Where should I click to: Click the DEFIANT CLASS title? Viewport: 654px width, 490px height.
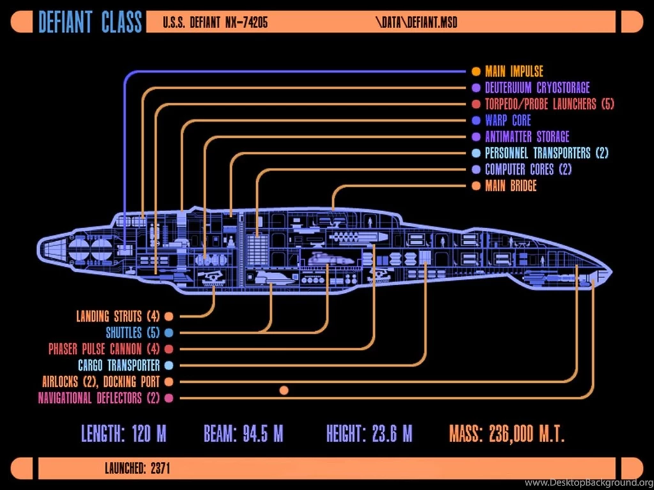(89, 22)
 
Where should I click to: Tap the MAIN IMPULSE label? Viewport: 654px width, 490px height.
(513, 71)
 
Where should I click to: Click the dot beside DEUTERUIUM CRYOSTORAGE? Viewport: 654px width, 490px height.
(476, 88)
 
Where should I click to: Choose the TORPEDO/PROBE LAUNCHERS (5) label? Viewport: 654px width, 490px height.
(549, 104)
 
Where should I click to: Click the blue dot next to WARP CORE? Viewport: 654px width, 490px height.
(476, 121)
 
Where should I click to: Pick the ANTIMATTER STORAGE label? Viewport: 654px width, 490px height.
(526, 137)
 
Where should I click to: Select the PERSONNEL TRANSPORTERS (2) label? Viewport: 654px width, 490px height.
(547, 153)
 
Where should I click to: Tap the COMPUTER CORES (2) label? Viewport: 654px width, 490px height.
(528, 170)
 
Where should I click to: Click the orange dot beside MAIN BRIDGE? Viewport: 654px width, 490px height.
(476, 186)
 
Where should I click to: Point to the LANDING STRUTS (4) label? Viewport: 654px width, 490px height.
(118, 316)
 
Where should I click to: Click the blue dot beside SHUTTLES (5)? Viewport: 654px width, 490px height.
(169, 332)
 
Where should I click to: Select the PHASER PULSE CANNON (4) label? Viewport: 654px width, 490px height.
(103, 349)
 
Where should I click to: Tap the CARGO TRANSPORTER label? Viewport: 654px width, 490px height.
(119, 366)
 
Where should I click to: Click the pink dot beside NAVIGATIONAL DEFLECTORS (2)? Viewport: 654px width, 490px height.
(169, 399)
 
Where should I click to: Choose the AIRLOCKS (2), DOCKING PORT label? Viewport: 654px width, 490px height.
(101, 382)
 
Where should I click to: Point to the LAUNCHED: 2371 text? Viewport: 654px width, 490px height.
(137, 469)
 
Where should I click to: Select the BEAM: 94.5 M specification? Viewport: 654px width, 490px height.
(243, 434)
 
